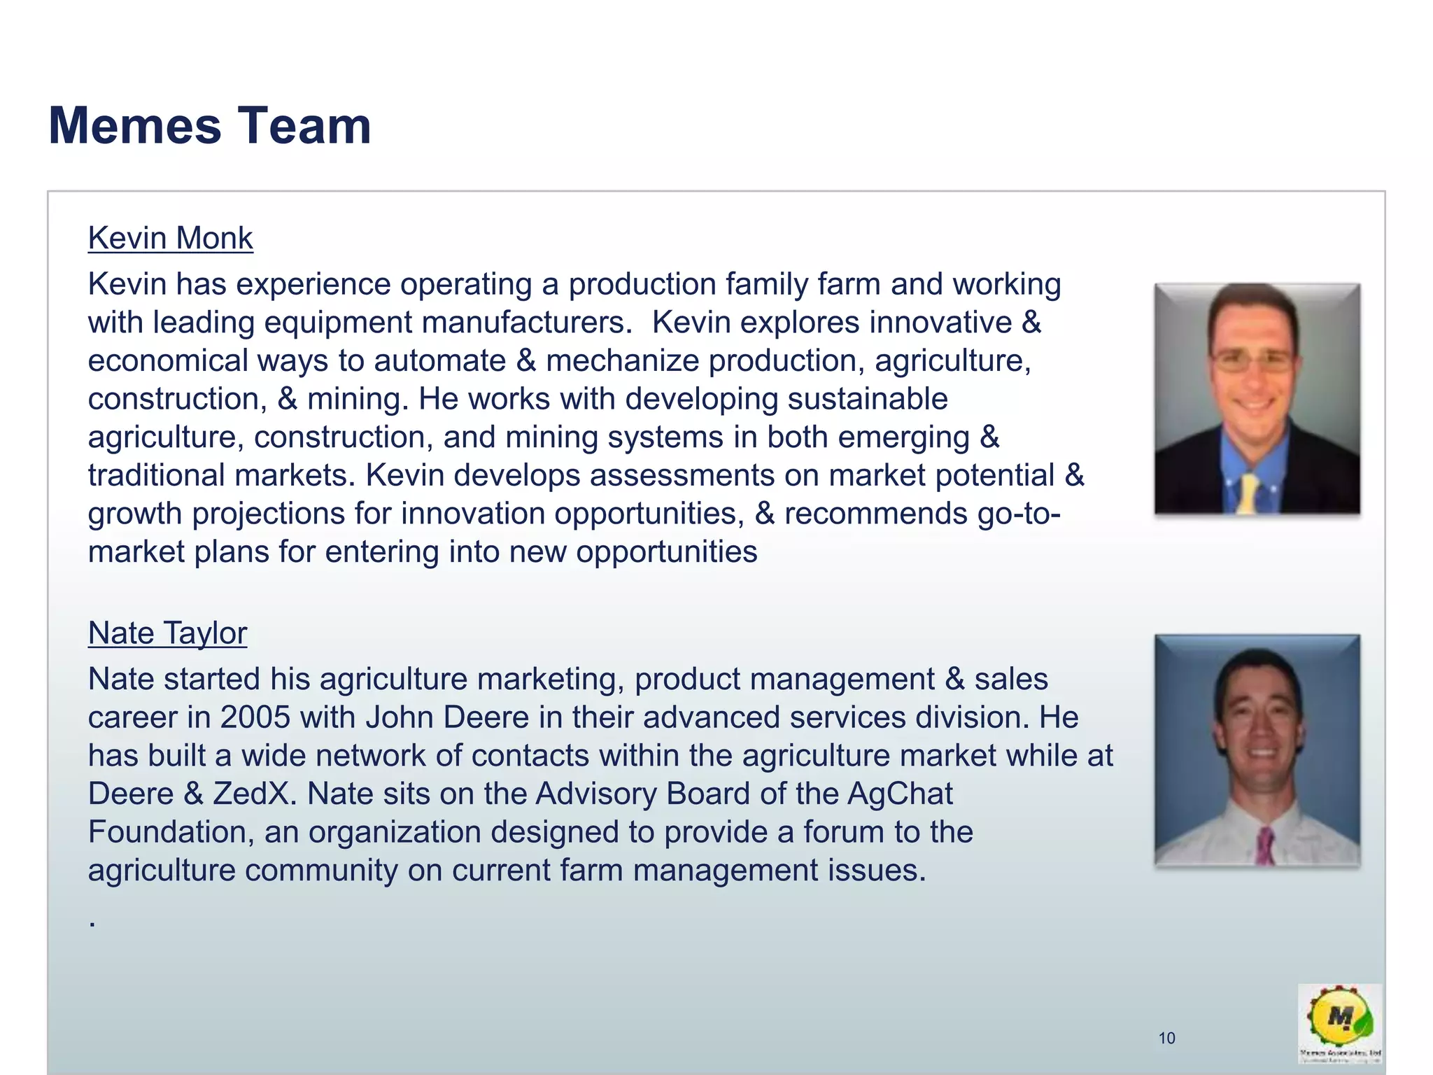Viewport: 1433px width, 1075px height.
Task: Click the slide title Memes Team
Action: (x=210, y=126)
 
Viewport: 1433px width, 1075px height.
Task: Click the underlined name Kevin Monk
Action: (x=170, y=238)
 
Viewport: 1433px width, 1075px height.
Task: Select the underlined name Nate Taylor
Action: (x=167, y=633)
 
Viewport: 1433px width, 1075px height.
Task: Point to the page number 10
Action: (x=1166, y=1038)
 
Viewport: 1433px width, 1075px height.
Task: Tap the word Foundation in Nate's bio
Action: (x=171, y=832)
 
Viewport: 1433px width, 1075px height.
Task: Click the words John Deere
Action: (x=447, y=717)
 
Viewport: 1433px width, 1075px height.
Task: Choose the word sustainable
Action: (x=868, y=399)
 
